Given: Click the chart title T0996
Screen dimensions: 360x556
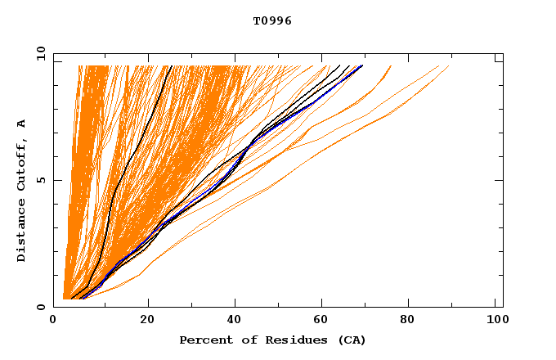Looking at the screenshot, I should tap(272, 21).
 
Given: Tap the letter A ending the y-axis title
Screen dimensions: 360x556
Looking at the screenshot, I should tap(21, 123).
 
